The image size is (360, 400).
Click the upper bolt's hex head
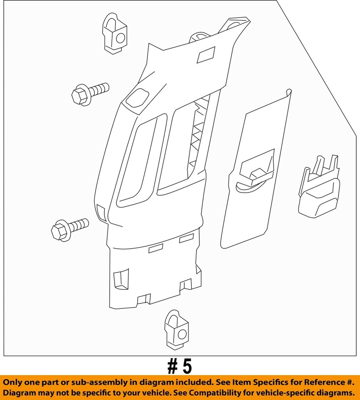coord(79,96)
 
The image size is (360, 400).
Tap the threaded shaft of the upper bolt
coord(99,89)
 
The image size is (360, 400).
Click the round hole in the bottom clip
coord(182,334)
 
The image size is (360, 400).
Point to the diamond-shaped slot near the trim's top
coord(206,55)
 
